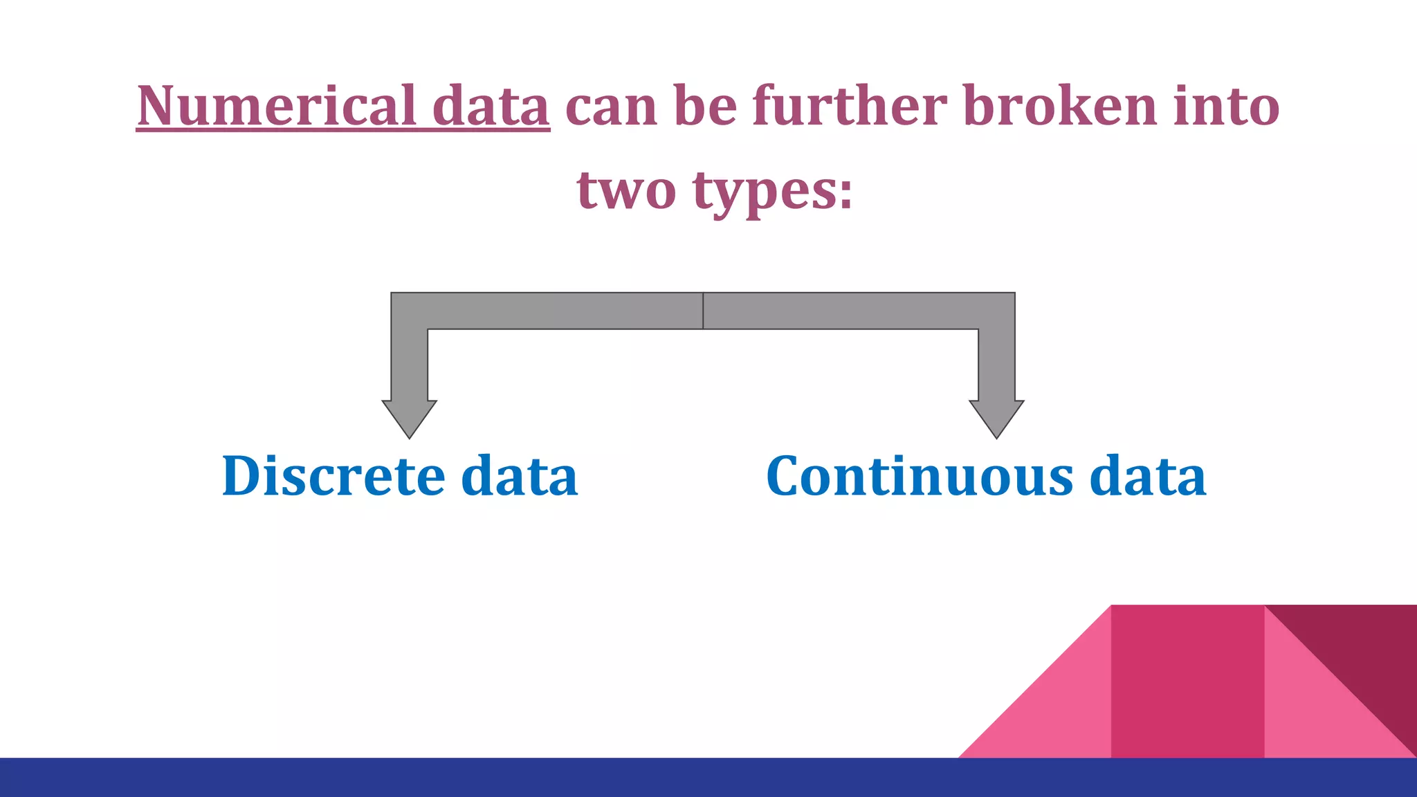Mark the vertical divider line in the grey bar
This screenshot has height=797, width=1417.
[x=703, y=311]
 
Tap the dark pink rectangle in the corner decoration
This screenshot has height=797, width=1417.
[x=1187, y=681]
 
